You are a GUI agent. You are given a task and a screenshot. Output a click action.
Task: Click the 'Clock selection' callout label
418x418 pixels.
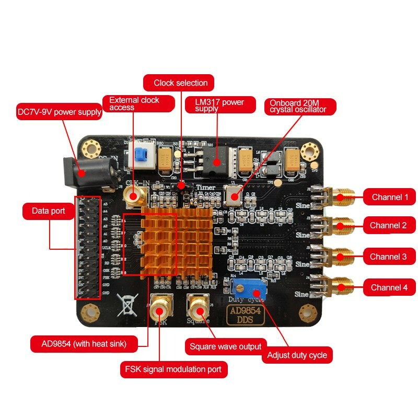tap(180, 83)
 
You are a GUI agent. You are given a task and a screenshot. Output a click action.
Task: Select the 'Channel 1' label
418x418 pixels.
tap(389, 197)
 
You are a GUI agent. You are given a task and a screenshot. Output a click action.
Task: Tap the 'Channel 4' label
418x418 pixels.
tap(389, 287)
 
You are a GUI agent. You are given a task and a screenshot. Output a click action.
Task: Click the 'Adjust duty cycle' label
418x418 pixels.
tap(297, 355)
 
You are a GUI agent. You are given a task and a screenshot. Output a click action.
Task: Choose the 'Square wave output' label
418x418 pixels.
tap(225, 346)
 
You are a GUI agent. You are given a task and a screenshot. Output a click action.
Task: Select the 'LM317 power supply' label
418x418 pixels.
tap(220, 104)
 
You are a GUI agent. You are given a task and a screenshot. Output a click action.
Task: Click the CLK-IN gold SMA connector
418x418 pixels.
tap(135, 196)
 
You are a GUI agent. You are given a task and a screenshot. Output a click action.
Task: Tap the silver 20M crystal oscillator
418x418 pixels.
tap(233, 193)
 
